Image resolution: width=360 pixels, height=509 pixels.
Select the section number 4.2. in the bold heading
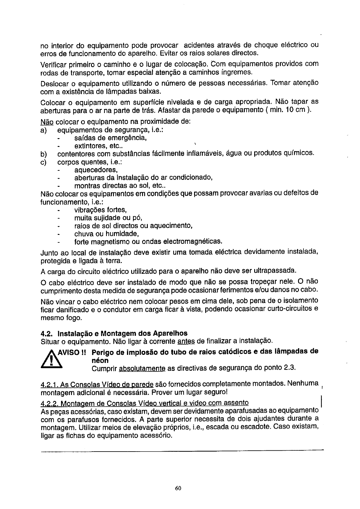coord(47,333)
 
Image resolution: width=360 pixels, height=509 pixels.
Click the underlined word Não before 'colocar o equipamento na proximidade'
coord(47,122)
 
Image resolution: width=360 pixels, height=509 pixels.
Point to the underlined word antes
coord(186,341)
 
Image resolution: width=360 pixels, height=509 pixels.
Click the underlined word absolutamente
coord(142,368)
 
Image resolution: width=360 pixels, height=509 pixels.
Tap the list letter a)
coord(44,130)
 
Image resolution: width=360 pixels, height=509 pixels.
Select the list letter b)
coord(44,154)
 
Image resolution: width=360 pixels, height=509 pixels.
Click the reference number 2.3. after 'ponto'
coord(288,368)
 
